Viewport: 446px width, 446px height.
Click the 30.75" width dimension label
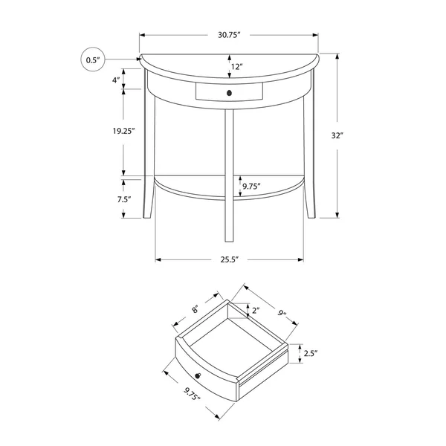click(x=229, y=35)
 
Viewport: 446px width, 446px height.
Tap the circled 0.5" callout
click(x=93, y=59)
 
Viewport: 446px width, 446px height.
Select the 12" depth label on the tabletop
click(x=236, y=67)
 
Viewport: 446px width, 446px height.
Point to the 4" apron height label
click(x=116, y=80)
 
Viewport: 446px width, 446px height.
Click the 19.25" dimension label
click(x=123, y=131)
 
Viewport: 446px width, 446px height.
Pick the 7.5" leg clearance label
click(x=124, y=199)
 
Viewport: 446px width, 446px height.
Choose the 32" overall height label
click(x=337, y=136)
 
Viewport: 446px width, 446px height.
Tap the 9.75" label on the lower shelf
click(x=251, y=187)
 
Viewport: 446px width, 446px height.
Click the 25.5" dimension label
click(x=229, y=259)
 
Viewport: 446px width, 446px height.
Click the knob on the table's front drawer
click(x=229, y=93)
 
